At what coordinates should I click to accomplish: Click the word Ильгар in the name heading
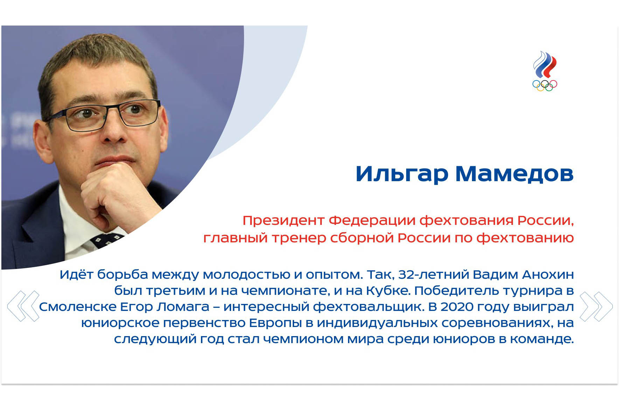pyautogui.click(x=402, y=174)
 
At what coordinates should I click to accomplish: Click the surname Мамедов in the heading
pyautogui.click(x=514, y=173)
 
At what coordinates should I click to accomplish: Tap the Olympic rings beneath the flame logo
pyautogui.click(x=544, y=86)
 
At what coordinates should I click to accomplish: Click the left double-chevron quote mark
pyautogui.click(x=23, y=306)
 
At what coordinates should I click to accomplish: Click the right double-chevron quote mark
pyautogui.click(x=596, y=306)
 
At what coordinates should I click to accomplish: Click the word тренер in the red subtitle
pyautogui.click(x=299, y=238)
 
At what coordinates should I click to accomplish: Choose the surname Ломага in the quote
pyautogui.click(x=183, y=307)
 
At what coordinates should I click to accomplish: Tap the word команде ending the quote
pyautogui.click(x=542, y=339)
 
